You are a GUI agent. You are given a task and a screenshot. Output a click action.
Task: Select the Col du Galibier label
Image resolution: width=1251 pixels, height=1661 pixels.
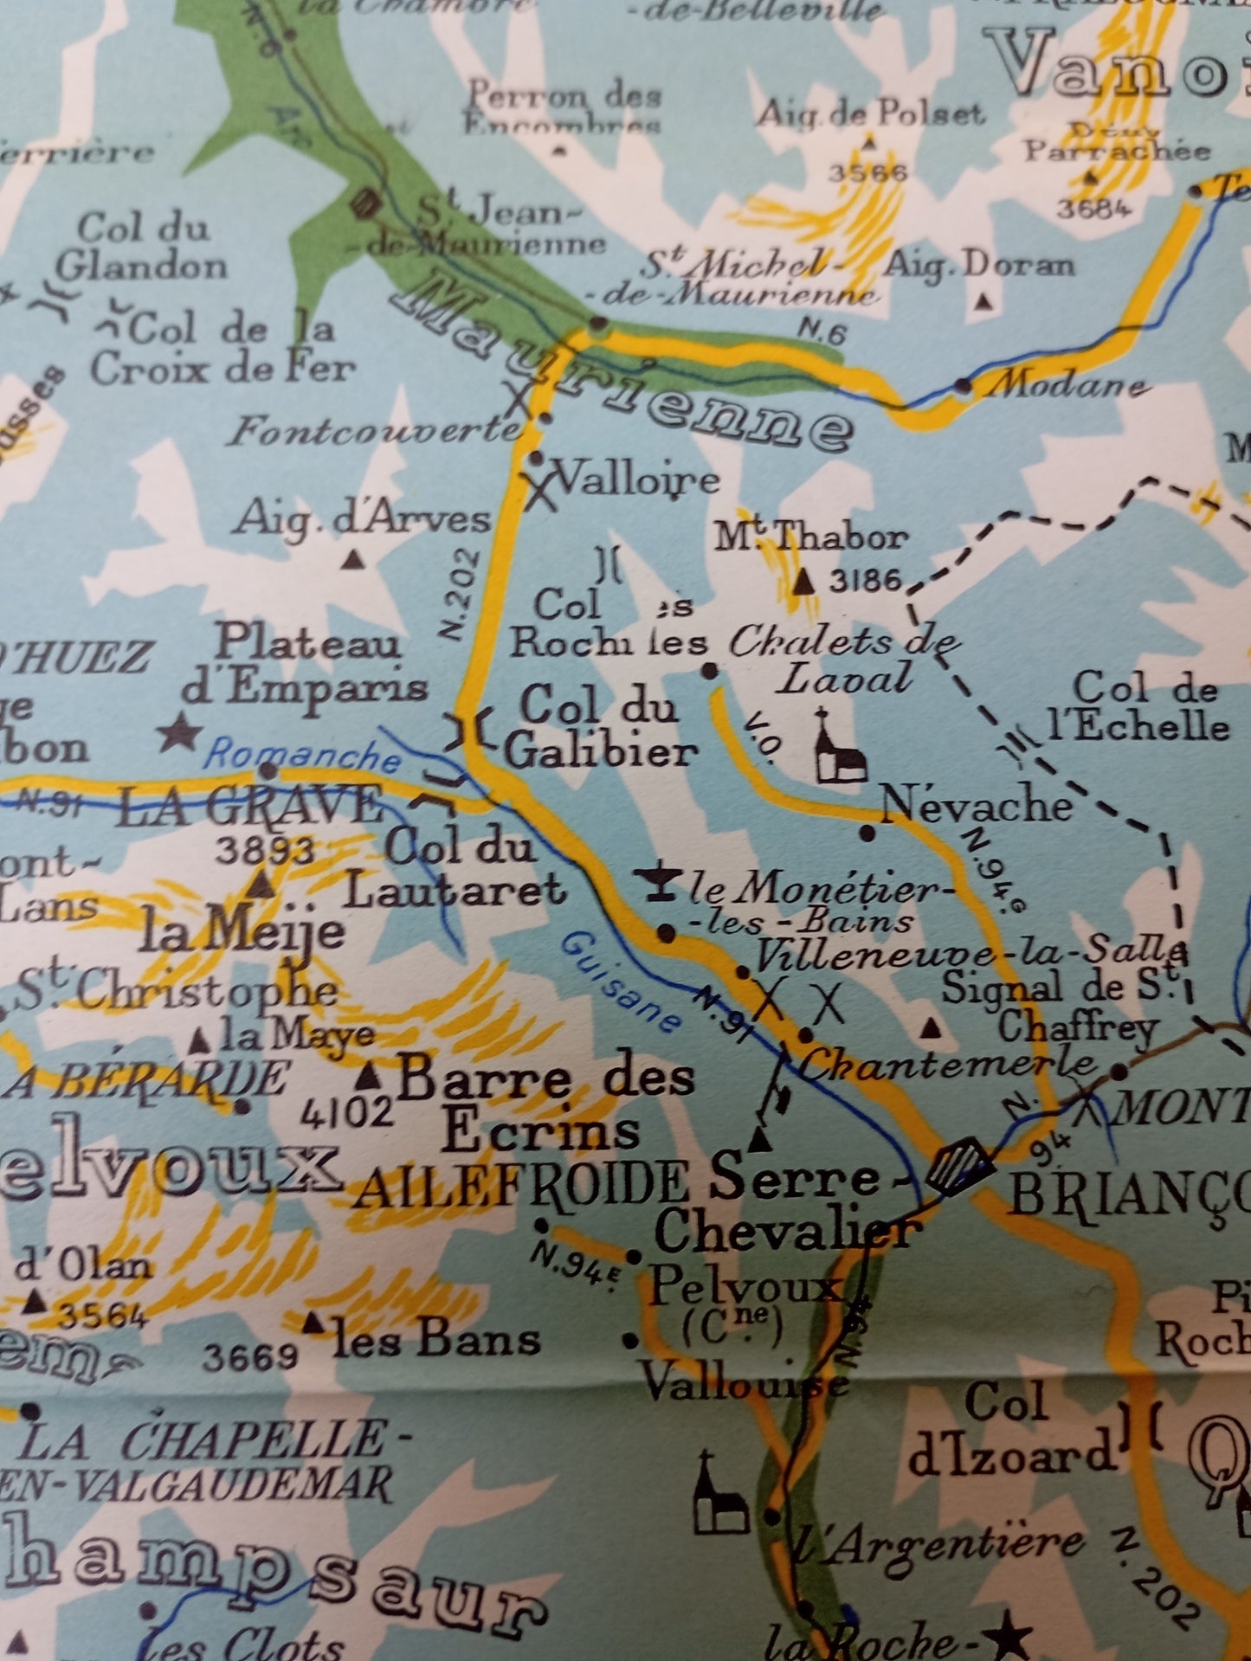[600, 729]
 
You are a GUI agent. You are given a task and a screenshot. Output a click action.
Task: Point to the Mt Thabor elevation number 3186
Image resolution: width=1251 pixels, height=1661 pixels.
[865, 580]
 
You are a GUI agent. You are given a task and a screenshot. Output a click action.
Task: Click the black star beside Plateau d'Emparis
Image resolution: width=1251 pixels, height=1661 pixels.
[179, 732]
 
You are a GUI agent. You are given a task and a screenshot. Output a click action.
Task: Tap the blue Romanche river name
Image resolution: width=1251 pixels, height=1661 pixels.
[302, 755]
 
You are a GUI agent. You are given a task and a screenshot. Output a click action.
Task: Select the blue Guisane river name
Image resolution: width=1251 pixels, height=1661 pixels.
[620, 982]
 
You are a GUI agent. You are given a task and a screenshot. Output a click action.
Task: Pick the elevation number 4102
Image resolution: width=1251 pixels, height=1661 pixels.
[346, 1112]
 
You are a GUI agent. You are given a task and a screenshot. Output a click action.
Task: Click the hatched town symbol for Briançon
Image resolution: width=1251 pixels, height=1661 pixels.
[958, 1166]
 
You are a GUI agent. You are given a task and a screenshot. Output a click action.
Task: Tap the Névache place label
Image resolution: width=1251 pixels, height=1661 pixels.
[976, 806]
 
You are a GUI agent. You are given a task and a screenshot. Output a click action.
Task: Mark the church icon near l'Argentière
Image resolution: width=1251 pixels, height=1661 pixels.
[720, 1495]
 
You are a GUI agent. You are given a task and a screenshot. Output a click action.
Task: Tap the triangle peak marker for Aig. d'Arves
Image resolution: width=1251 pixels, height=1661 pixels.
[352, 560]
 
